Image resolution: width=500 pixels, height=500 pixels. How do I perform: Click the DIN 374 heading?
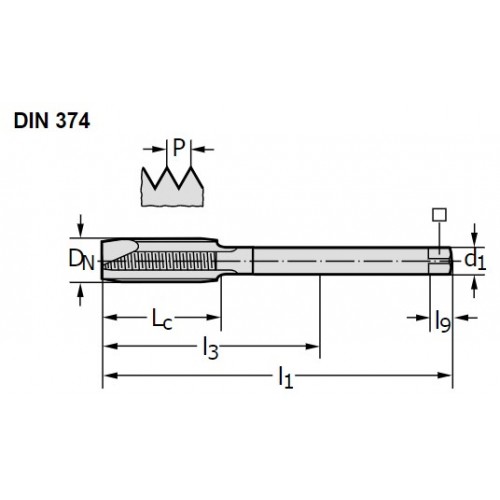[52, 121]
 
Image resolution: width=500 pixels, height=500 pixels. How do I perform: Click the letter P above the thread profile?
[179, 148]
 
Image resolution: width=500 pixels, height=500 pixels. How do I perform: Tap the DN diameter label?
[81, 260]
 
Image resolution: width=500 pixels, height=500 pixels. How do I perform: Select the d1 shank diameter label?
[475, 260]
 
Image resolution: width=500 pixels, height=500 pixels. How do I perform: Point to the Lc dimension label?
[162, 319]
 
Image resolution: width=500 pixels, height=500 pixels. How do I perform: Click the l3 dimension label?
[211, 348]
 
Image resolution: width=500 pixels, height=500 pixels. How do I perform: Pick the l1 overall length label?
[286, 377]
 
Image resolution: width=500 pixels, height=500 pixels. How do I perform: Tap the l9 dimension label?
[443, 321]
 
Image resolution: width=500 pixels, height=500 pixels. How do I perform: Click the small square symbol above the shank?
[439, 215]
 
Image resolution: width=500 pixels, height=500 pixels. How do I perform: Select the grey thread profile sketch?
[172, 187]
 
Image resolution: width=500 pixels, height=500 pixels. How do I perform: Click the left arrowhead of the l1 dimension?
[111, 376]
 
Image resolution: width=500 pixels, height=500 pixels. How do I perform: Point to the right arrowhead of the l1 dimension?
[444, 376]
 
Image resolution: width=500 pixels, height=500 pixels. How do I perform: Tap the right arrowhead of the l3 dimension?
[312, 346]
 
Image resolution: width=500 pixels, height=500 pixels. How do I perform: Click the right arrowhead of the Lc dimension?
[213, 317]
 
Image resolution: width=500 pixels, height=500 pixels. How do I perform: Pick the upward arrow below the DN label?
[80, 295]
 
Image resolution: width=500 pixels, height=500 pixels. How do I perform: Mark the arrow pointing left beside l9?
[466, 318]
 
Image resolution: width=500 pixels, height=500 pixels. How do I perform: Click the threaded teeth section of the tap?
[161, 261]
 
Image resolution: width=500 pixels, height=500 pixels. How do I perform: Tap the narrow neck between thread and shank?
[235, 261]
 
